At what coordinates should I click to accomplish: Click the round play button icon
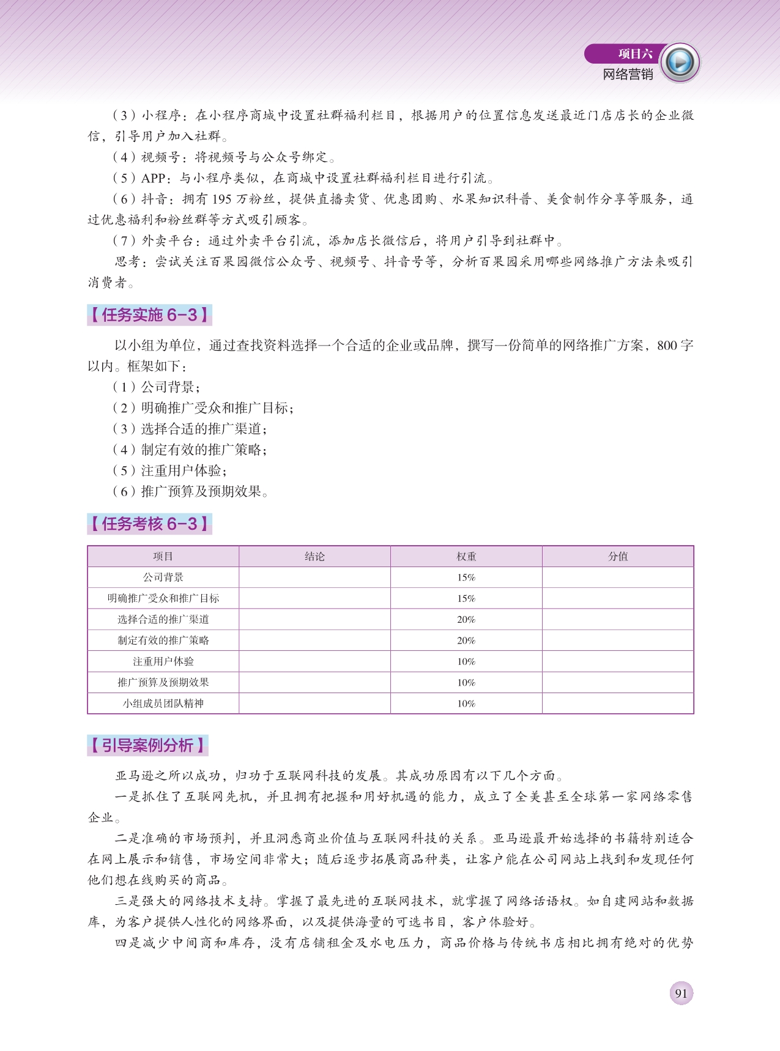click(680, 62)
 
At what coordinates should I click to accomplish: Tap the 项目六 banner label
click(634, 54)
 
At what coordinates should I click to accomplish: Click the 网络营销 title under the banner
click(628, 75)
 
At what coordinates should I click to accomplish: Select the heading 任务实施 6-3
click(149, 315)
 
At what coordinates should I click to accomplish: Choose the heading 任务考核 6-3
click(149, 524)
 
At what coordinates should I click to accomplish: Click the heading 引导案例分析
click(147, 745)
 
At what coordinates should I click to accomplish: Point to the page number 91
click(681, 993)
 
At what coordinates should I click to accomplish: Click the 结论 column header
click(314, 556)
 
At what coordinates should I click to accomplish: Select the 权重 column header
click(466, 556)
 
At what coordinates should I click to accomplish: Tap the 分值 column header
click(618, 556)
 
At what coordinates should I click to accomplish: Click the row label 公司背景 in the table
click(163, 577)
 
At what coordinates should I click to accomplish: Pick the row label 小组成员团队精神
click(163, 704)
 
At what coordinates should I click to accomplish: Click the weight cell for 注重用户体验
click(466, 661)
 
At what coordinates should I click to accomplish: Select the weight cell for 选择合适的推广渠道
click(466, 619)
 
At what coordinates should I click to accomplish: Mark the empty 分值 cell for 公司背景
click(618, 577)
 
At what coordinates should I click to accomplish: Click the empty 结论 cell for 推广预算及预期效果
click(314, 682)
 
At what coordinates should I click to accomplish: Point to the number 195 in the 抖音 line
click(222, 199)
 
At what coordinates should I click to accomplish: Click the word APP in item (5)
click(153, 178)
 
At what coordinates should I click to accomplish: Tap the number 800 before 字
click(667, 346)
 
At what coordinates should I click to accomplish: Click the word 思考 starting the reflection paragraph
click(128, 262)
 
